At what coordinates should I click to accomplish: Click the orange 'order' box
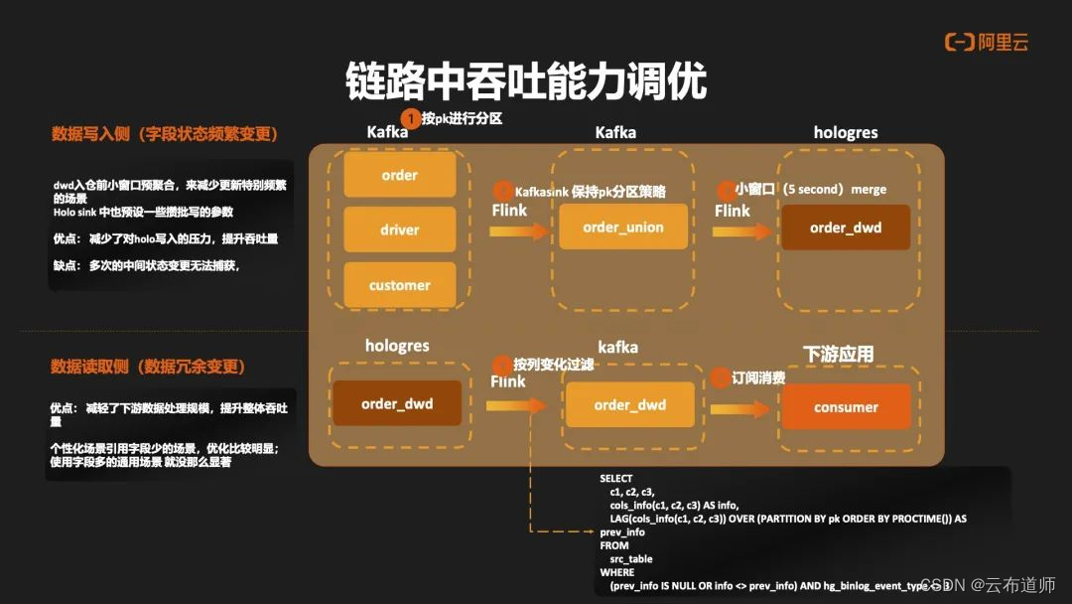(399, 175)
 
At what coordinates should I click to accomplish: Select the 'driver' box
(399, 229)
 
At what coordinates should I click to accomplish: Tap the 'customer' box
(399, 285)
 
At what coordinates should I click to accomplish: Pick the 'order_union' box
(623, 227)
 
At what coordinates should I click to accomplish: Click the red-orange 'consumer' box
(846, 406)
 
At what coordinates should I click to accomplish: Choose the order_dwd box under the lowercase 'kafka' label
(629, 405)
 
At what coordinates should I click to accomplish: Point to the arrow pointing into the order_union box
(519, 230)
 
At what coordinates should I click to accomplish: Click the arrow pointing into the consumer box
(738, 408)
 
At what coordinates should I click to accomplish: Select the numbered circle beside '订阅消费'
(719, 378)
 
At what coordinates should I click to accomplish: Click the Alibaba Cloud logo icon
(959, 42)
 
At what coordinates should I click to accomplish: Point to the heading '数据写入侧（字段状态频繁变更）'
(165, 134)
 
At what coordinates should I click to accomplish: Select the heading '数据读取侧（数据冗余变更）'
(148, 367)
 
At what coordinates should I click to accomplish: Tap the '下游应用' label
(838, 354)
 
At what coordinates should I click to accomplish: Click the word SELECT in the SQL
(615, 479)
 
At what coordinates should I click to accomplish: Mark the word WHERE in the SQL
(615, 572)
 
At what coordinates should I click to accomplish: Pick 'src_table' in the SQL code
(631, 559)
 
